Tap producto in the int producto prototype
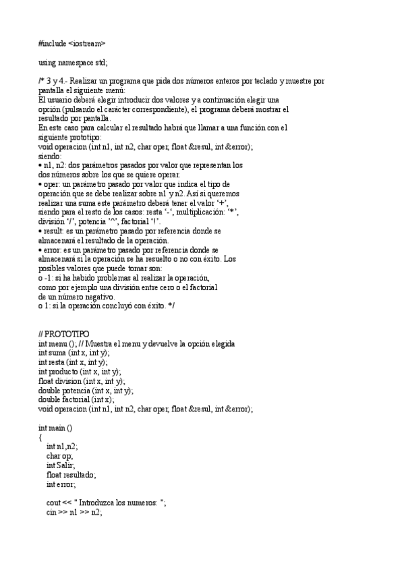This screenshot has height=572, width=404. pos(64,372)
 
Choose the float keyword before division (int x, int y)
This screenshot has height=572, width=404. pos(47,381)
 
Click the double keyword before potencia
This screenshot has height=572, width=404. pos(50,391)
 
